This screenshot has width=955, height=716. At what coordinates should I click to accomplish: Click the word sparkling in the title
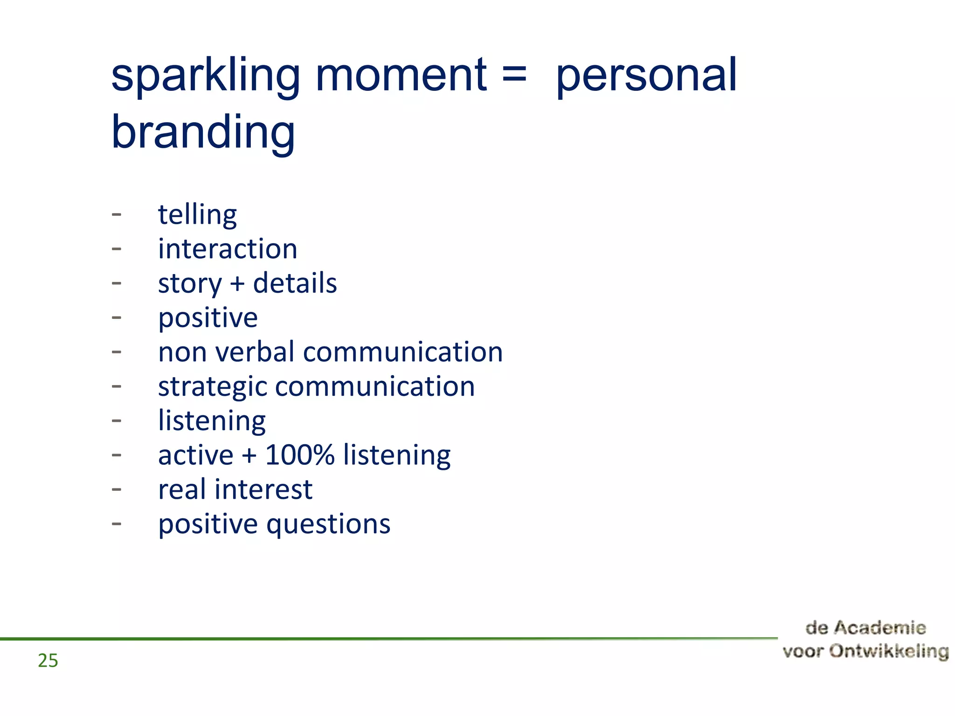coord(205,77)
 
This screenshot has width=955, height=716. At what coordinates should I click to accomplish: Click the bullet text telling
coord(197,215)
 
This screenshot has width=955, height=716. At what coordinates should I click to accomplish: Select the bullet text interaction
coord(228,249)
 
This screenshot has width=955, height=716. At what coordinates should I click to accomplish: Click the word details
coord(295,283)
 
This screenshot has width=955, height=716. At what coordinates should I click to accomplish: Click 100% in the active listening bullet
coord(300,455)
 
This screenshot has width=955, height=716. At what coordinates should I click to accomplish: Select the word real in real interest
coord(182,490)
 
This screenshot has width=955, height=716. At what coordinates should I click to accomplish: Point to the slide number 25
coord(48,661)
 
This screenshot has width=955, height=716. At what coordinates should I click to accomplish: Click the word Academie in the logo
coord(879,628)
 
